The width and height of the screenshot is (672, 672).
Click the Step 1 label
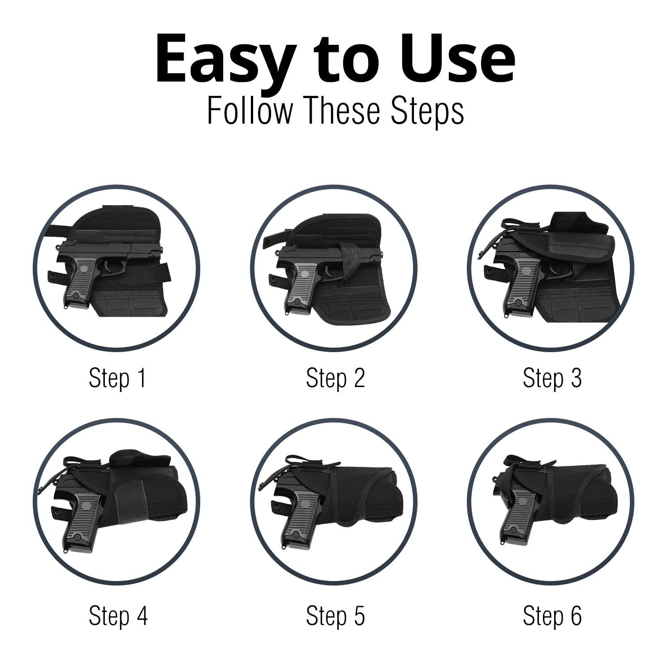tap(117, 378)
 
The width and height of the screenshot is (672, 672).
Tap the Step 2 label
tap(335, 378)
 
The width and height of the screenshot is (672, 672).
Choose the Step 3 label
tap(552, 378)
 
